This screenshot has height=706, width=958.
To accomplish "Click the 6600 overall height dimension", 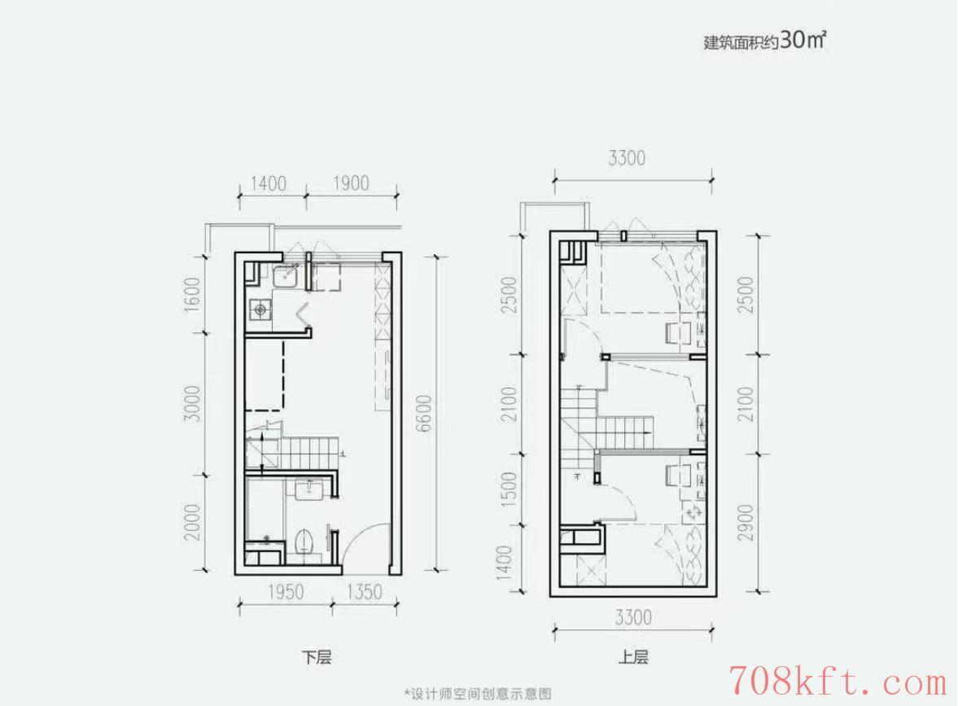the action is [x=424, y=414].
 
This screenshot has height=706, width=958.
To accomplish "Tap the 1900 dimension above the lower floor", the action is [x=351, y=183].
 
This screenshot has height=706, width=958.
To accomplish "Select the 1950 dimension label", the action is [x=286, y=592].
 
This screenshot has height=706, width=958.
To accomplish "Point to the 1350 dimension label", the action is [x=364, y=592].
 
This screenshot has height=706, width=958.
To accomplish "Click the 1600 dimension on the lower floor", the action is [x=192, y=295].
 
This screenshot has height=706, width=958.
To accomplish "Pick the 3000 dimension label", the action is [x=192, y=403].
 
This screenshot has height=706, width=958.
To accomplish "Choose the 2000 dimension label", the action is [x=192, y=522].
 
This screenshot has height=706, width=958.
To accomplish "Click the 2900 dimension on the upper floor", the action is [x=746, y=523].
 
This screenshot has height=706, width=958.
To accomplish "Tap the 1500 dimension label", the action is [x=509, y=487].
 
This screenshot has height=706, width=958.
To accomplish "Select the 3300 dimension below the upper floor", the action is [x=633, y=617].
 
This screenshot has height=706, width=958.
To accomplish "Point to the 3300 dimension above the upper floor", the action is [x=627, y=158].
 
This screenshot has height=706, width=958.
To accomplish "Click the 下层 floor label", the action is [x=317, y=658].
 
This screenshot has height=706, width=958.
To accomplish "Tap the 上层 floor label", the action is [x=633, y=658].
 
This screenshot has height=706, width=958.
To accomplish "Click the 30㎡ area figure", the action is [x=803, y=40].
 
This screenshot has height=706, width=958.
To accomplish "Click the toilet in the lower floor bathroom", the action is [x=304, y=542].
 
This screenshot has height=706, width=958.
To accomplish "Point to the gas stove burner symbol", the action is [x=261, y=310].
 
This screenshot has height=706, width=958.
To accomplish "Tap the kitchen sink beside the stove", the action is [x=285, y=276].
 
